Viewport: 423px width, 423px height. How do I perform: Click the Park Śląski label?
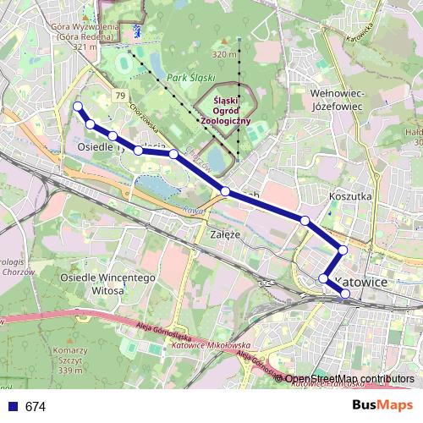(x=188, y=79)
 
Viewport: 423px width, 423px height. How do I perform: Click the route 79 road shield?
(x=122, y=95)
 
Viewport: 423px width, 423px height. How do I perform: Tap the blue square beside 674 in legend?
(x=12, y=406)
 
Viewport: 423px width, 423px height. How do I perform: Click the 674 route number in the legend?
(x=36, y=406)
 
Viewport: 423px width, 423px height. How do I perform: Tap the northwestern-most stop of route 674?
(x=78, y=107)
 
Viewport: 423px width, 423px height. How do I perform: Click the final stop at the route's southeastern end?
(x=344, y=294)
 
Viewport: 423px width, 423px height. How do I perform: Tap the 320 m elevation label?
(x=224, y=54)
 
